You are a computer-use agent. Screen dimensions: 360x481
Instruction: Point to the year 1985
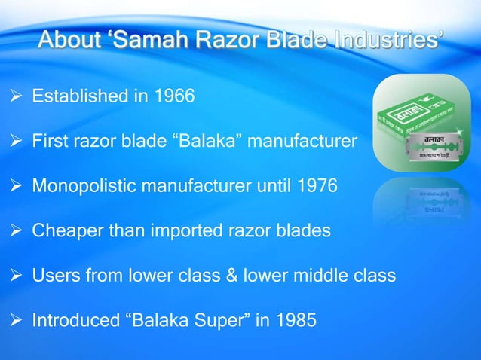pos(295,320)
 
